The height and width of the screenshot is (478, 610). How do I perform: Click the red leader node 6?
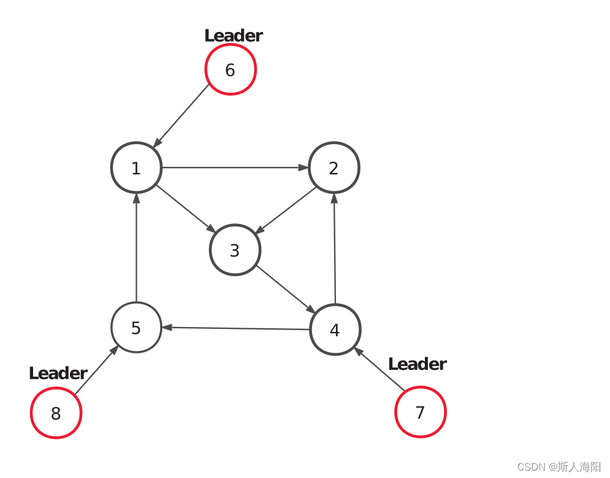230,69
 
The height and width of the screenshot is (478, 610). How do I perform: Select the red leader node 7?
420,412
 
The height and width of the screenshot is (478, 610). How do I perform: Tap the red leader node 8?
56,413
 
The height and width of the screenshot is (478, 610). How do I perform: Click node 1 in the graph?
136,168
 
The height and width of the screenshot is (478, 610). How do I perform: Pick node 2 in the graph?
334,168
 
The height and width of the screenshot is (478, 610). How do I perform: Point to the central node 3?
235,250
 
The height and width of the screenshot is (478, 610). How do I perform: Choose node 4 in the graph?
335,330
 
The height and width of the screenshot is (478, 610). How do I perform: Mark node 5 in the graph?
136,328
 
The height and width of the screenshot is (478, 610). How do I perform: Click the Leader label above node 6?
233,36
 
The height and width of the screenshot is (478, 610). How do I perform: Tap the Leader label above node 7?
417,364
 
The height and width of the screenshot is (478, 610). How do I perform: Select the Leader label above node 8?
58,373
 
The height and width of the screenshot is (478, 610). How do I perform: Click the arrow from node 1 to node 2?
235,168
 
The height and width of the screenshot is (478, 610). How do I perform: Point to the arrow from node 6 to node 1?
182,115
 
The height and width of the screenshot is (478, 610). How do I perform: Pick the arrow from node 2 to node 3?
286,210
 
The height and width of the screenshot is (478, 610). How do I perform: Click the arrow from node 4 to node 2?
335,249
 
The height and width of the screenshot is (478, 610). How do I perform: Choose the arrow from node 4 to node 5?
236,328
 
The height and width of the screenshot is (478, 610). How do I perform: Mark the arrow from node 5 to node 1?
136,248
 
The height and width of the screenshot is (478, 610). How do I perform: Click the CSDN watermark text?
559,467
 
